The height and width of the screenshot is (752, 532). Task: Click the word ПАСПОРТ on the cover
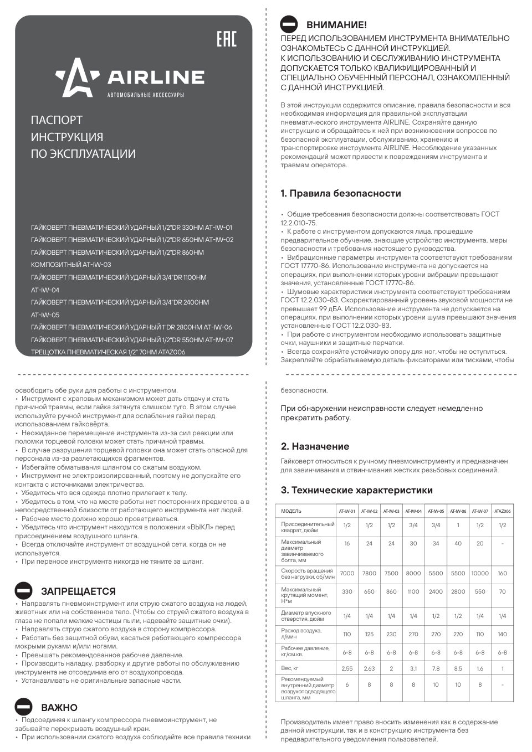57,120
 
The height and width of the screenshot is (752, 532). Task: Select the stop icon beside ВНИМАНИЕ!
289,24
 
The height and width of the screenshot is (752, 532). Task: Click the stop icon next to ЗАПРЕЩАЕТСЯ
24,590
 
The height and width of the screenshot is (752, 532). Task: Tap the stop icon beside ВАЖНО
24,707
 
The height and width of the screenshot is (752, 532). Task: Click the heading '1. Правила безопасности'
340,193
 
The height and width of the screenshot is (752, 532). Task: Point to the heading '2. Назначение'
315,446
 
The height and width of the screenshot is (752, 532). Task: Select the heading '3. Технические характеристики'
356,490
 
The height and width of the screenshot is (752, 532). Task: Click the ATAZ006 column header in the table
502,511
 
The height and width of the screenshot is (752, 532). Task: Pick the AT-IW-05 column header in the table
436,511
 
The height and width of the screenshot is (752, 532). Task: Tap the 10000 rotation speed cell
480,573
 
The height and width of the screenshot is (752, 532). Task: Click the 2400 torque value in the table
436,591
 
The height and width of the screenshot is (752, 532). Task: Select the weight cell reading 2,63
369,668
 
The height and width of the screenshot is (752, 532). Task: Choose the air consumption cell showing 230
391,634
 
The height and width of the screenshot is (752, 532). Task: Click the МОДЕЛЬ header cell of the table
291,511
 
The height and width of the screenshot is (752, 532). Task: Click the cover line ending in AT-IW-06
132,327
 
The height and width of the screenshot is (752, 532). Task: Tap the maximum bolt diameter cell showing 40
458,544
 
